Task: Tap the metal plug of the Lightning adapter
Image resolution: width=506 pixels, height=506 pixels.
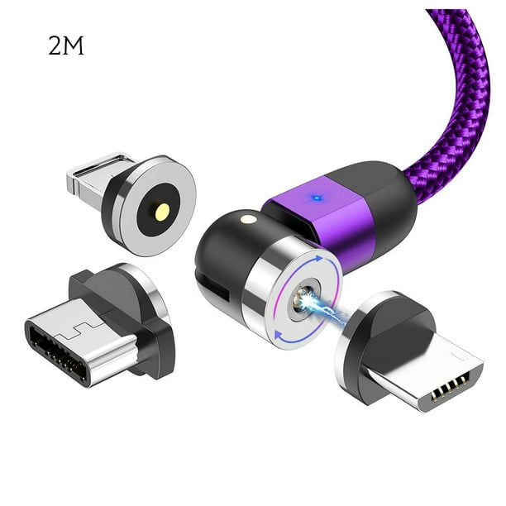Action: pyautogui.click(x=90, y=176)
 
